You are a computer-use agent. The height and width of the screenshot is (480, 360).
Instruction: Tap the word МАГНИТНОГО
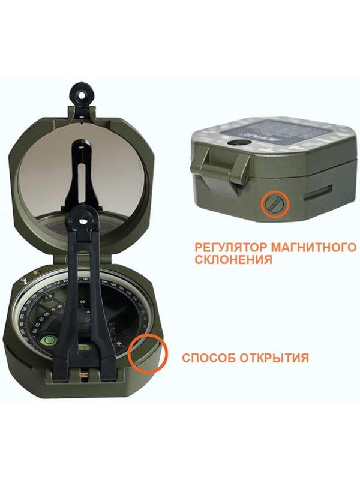click(299, 248)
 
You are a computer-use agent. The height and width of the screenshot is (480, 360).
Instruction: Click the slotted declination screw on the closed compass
click(274, 203)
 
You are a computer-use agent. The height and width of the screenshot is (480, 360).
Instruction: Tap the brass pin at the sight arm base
click(84, 374)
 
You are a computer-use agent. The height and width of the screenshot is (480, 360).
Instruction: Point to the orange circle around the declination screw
click(274, 203)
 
